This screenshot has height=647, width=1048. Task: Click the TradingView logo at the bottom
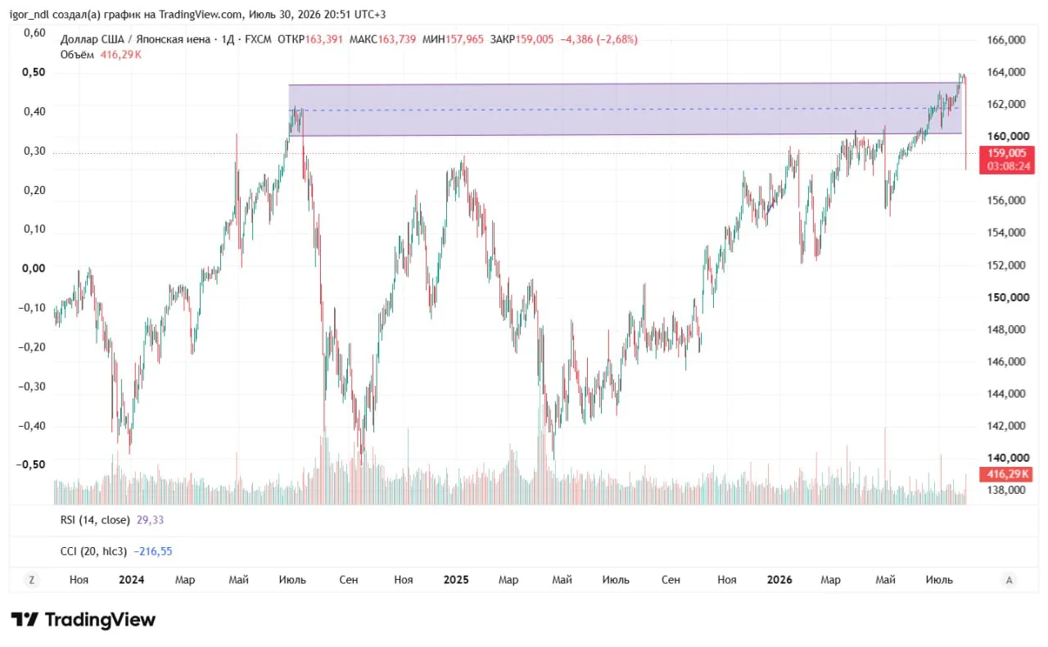[84, 619]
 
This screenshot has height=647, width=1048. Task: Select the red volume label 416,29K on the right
[1006, 474]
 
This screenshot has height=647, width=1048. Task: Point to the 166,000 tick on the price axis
[1006, 40]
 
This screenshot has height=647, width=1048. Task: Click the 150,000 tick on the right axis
[1008, 297]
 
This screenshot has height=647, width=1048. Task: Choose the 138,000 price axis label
[1006, 490]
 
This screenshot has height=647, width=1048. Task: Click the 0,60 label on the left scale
[34, 33]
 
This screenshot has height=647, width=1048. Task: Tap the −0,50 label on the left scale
[31, 464]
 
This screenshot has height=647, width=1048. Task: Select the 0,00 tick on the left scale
[34, 269]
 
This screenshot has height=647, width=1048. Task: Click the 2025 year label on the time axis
[456, 580]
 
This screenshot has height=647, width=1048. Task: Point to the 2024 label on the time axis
[131, 580]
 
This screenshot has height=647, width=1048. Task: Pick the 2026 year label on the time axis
[779, 580]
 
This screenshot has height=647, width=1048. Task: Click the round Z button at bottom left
[32, 580]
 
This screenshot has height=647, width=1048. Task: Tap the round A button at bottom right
[1010, 580]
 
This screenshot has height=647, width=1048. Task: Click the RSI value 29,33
[150, 520]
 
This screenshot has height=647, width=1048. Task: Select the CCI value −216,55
[153, 551]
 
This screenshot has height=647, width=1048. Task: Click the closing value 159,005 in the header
[535, 39]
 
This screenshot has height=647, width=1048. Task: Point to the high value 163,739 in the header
[397, 39]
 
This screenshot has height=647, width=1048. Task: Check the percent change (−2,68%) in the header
[617, 39]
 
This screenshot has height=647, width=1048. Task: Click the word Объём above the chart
[77, 55]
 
